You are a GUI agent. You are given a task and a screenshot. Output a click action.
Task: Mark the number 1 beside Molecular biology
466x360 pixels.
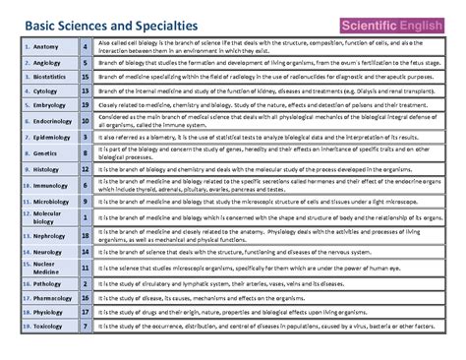tap(87, 217)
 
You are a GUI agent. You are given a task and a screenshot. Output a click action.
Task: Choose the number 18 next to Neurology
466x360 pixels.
tap(87, 252)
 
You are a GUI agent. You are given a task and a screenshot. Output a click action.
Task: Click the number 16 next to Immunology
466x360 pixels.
tap(87, 185)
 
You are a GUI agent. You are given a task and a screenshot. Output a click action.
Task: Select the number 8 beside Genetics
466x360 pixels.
tap(87, 153)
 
